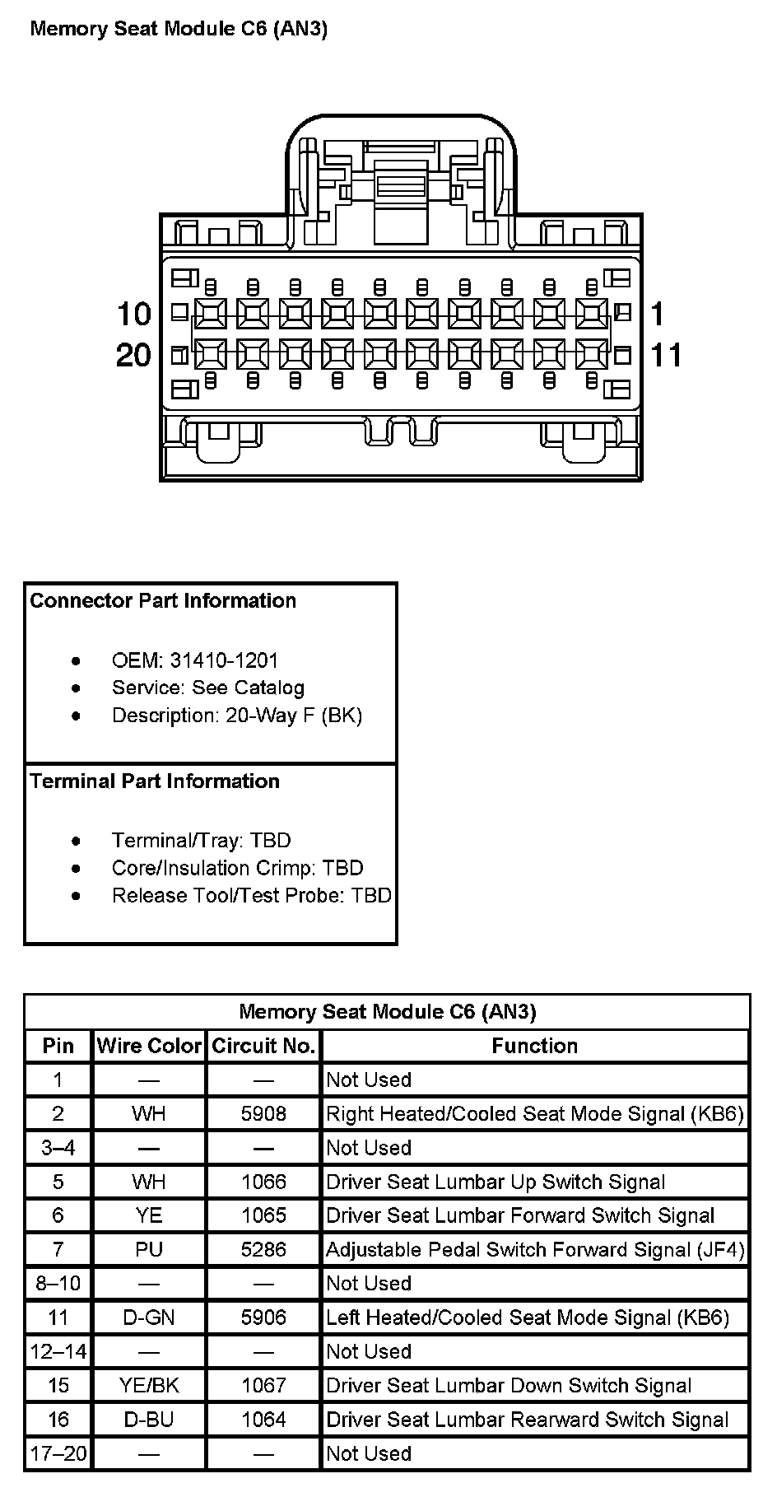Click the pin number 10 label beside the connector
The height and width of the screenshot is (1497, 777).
point(134,314)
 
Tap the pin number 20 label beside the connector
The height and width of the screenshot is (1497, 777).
point(134,356)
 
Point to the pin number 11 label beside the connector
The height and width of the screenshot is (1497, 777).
point(667,356)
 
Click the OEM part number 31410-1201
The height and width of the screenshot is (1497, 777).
point(224,660)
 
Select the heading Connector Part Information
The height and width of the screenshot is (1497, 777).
point(163,600)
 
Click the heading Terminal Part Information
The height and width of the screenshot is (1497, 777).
point(155,781)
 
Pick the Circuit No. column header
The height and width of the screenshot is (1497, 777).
point(263,1046)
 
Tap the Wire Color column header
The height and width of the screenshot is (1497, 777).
point(149,1046)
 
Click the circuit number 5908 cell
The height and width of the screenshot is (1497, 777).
point(263,1114)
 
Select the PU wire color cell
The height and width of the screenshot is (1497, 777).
point(149,1249)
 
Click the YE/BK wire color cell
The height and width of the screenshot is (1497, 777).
point(149,1386)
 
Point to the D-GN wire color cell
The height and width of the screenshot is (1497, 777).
point(149,1317)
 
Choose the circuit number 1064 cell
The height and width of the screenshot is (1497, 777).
point(263,1420)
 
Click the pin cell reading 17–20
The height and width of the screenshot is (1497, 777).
point(58,1453)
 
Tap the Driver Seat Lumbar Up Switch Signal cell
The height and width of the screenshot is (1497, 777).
point(496,1182)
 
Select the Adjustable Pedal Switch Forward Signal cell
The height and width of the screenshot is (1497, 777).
point(535,1250)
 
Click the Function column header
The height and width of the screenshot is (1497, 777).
point(535,1046)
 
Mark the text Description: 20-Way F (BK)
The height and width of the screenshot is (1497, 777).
point(237,715)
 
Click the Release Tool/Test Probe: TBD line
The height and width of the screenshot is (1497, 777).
point(251,895)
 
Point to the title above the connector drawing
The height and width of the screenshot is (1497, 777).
point(179,29)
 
